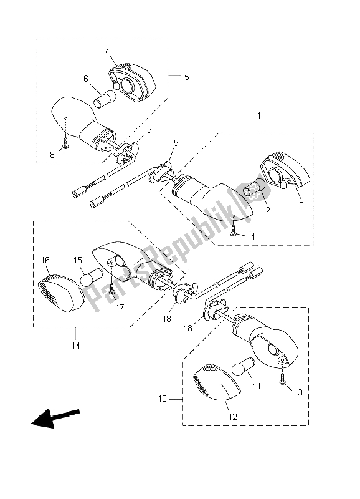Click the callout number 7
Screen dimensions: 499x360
coord(107,49)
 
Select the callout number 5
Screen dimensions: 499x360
coord(186,77)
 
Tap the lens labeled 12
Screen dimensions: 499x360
coord(213,387)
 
